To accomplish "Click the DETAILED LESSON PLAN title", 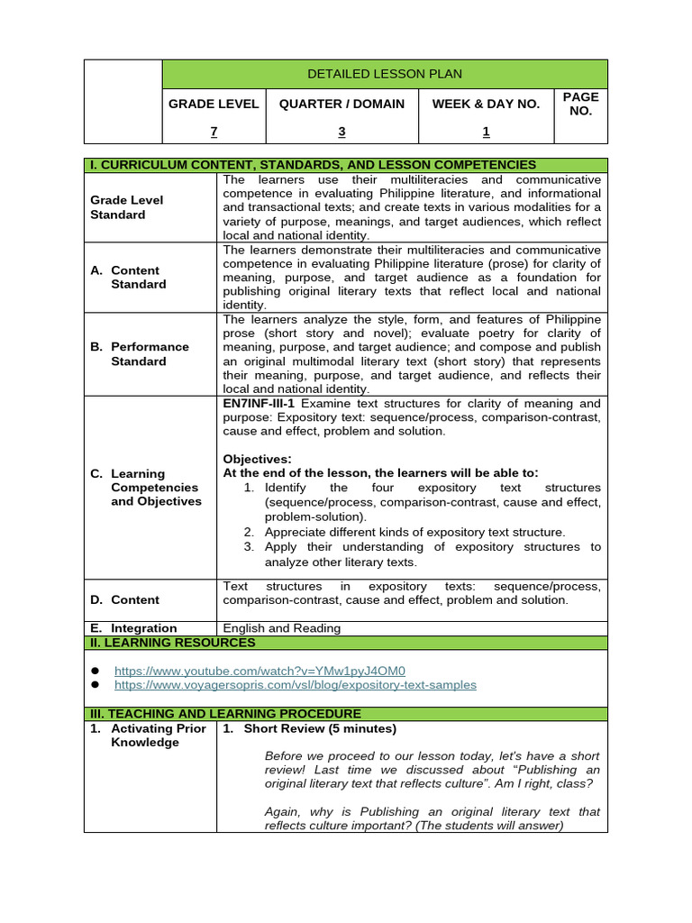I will (x=385, y=73).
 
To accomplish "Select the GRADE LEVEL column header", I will (x=214, y=104).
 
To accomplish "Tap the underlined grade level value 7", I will (x=214, y=132).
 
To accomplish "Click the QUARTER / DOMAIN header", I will (x=341, y=104).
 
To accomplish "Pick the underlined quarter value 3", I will (x=341, y=132).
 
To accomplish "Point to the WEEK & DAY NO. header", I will (x=486, y=104).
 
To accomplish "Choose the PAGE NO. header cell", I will (x=580, y=104).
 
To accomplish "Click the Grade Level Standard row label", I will (x=127, y=207).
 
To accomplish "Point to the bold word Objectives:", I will (x=257, y=459).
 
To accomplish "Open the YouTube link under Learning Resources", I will (x=259, y=671).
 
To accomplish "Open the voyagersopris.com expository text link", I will (x=295, y=685).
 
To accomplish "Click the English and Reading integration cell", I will (x=281, y=628).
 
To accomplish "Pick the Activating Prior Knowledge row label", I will (x=148, y=736).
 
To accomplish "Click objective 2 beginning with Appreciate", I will (x=414, y=532).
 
